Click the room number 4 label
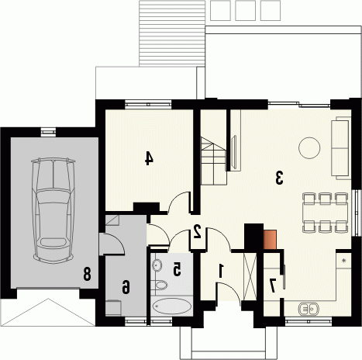(149, 158)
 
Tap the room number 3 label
(279, 178)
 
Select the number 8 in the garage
(87, 274)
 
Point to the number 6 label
(126, 287)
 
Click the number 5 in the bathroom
(177, 269)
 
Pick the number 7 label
(272, 286)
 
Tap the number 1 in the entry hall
(221, 271)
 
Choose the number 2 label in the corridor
(198, 231)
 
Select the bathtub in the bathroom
(172, 306)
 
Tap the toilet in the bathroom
(160, 285)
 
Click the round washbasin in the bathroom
(157, 265)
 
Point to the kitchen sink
(309, 309)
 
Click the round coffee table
(309, 148)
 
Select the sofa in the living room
(341, 147)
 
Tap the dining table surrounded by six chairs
(326, 212)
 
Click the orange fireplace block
(270, 240)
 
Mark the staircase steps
(214, 161)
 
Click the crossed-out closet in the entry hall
(250, 277)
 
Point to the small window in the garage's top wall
(48, 132)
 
